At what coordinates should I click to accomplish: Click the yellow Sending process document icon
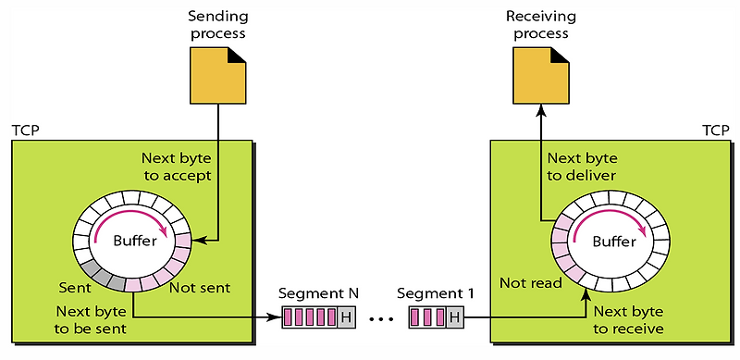[217, 74]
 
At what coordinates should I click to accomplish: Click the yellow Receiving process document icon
[538, 74]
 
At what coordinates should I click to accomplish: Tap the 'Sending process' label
[217, 26]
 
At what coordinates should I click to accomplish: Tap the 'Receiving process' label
[538, 26]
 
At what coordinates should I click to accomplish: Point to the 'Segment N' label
[319, 294]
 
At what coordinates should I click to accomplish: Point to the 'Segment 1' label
[435, 294]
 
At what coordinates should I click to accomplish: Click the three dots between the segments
[379, 320]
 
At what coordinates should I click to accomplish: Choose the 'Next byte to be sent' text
[92, 319]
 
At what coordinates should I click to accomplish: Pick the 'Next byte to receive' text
[629, 319]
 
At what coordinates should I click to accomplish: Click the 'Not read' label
[530, 282]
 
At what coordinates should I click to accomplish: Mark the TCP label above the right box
[714, 130]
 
